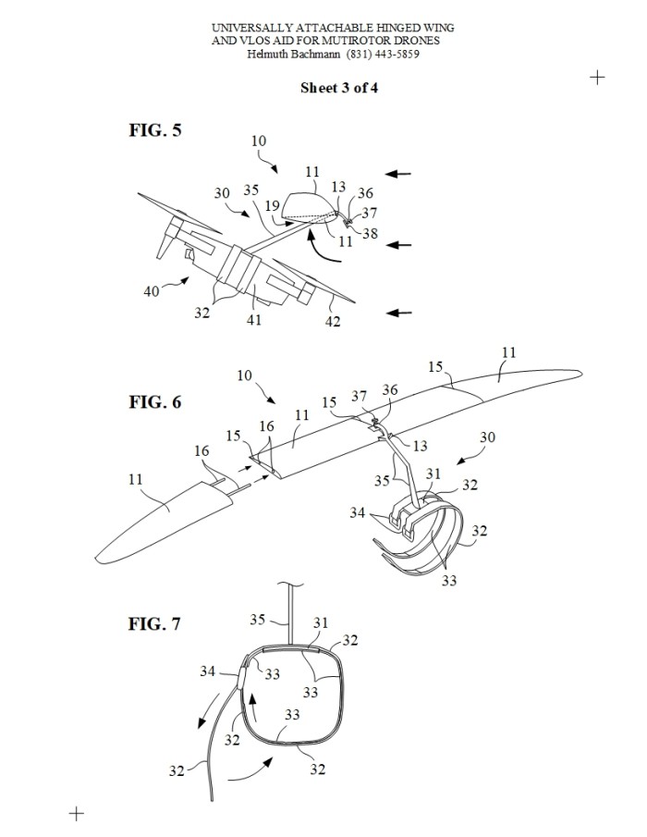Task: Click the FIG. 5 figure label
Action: tap(155, 129)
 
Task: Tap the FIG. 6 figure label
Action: tap(155, 402)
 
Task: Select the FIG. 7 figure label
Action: tap(154, 623)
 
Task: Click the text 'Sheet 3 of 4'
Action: tap(339, 88)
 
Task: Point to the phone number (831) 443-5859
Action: tap(383, 54)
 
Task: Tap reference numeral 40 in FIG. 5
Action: tap(152, 291)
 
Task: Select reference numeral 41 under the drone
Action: tap(254, 319)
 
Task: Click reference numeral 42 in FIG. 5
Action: tap(333, 321)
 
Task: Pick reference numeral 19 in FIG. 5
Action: tap(272, 205)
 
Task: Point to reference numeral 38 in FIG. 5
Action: tap(370, 233)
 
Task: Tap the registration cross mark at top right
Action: tap(597, 78)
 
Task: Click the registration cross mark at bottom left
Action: tap(77, 814)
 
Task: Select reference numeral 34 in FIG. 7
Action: tap(207, 671)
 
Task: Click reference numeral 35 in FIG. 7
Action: tap(258, 620)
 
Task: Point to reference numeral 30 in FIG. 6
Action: tap(487, 437)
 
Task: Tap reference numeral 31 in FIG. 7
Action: tap(321, 622)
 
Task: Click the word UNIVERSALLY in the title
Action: tap(252, 28)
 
